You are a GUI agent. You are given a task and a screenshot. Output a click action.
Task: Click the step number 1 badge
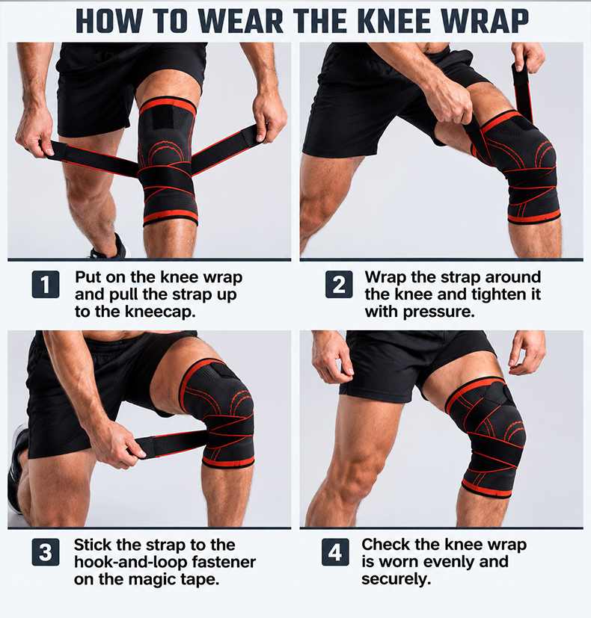[46, 284]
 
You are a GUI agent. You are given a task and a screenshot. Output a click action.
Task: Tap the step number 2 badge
[339, 284]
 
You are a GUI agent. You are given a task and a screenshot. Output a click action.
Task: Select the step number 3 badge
[46, 552]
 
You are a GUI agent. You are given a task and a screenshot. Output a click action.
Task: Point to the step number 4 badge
[335, 552]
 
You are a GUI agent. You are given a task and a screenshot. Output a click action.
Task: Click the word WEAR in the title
[241, 21]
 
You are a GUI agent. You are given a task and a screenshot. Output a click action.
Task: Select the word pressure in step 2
[438, 312]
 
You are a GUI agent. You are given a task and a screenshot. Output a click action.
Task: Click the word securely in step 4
[396, 579]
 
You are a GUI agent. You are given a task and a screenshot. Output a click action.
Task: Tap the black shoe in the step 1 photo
[109, 247]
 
